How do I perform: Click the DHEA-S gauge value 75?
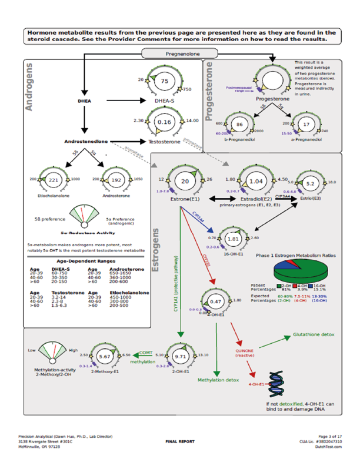[165, 81]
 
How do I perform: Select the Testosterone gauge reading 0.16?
[165, 122]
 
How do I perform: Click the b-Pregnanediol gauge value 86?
[239, 125]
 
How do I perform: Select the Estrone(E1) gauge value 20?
[185, 182]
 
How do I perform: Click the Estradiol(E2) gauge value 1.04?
[256, 182]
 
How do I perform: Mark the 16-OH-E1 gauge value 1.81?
[233, 239]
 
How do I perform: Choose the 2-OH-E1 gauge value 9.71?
[181, 357]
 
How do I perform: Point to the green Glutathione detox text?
[314, 334]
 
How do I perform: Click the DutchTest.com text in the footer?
[329, 447]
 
